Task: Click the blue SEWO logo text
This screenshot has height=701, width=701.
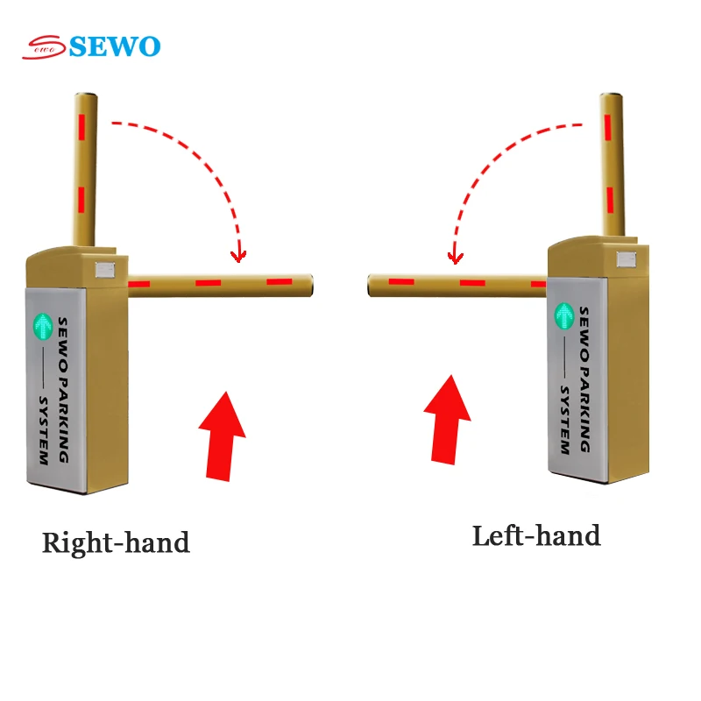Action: (115, 46)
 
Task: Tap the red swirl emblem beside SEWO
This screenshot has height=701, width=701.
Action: (45, 47)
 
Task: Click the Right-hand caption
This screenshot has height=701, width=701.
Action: (116, 542)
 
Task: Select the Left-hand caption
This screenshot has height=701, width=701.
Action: (536, 535)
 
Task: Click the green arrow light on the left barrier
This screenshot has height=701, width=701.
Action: (43, 326)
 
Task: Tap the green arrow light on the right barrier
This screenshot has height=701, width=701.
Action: (564, 315)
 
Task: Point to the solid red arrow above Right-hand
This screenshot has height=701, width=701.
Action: (223, 436)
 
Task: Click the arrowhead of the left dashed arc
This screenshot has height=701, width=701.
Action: (238, 257)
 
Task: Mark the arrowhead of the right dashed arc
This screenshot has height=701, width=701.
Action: (455, 258)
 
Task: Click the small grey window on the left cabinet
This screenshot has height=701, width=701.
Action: (105, 270)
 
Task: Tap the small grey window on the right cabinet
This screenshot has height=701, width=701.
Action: (627, 259)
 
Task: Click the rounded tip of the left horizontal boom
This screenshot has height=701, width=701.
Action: (310, 286)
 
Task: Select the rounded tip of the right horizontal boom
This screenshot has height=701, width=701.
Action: (371, 286)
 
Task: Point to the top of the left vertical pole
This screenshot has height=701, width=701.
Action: (86, 96)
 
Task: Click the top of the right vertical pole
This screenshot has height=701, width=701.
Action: (611, 96)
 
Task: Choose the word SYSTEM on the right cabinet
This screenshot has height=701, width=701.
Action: (565, 421)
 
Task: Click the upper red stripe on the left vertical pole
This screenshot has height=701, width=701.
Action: (81, 126)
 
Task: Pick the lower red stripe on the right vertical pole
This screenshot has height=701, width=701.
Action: (610, 200)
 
